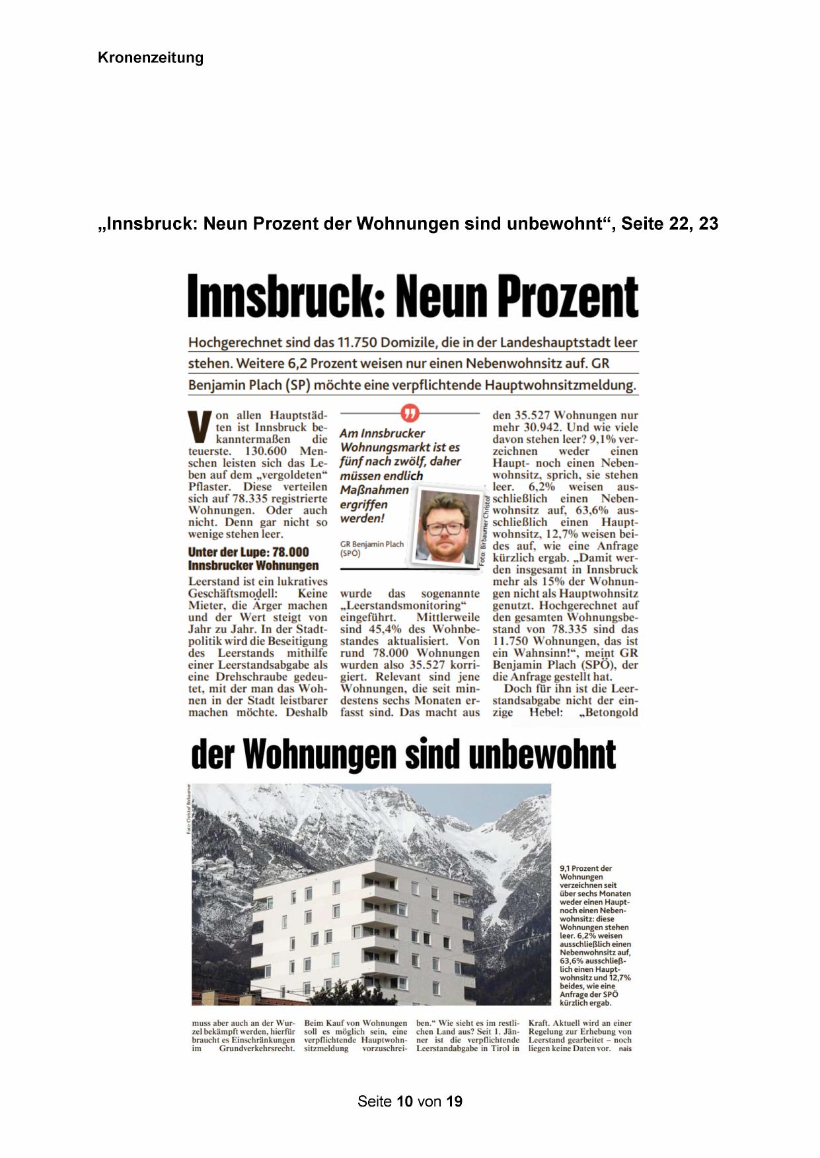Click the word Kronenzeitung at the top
150,58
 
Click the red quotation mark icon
410,413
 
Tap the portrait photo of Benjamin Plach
447,526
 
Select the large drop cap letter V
200,428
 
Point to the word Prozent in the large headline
568,297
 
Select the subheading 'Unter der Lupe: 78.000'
248,552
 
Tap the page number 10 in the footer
406,1102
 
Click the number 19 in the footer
454,1102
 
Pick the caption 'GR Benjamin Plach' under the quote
371,544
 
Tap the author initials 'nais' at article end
625,1048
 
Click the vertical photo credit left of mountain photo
188,809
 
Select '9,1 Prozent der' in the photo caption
585,868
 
